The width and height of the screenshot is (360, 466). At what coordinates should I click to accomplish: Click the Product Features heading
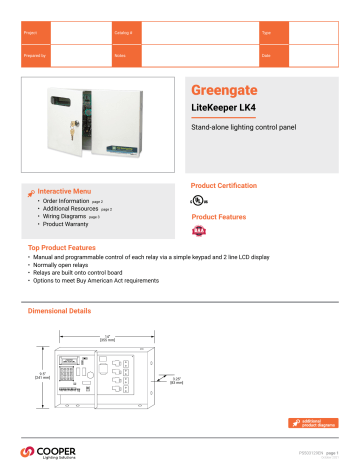219,217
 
